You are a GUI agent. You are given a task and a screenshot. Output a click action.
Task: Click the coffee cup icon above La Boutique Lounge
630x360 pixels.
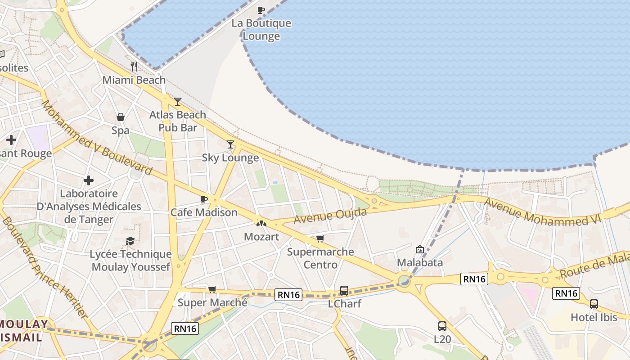261,10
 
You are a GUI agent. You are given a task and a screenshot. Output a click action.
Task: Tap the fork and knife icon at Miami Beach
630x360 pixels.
134,67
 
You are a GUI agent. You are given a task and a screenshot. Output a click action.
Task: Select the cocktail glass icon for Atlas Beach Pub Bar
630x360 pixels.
178,101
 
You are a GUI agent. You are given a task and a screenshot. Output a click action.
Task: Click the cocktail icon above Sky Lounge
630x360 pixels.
230,144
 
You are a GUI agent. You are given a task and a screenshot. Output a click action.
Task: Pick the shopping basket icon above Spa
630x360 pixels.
121,117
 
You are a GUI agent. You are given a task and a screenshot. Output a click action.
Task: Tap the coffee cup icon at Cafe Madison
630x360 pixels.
203,199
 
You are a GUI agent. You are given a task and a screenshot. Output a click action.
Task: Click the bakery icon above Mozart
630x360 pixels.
261,223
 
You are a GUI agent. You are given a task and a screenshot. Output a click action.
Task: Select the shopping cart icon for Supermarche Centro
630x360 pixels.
320,238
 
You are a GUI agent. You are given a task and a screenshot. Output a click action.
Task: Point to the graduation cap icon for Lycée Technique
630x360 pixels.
130,241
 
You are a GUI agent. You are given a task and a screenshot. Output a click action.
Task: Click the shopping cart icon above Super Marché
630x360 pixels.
212,289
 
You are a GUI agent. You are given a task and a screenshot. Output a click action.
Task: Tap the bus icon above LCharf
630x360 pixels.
344,290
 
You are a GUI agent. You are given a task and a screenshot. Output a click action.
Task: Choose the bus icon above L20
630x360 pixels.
442,326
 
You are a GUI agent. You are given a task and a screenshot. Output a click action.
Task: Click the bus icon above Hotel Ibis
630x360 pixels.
594,304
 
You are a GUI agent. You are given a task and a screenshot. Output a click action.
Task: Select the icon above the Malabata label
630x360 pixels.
420,249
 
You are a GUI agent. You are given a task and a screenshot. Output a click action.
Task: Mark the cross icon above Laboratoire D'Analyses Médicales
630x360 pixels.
89,180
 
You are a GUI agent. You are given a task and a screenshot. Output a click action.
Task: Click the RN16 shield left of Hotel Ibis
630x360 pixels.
566,293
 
